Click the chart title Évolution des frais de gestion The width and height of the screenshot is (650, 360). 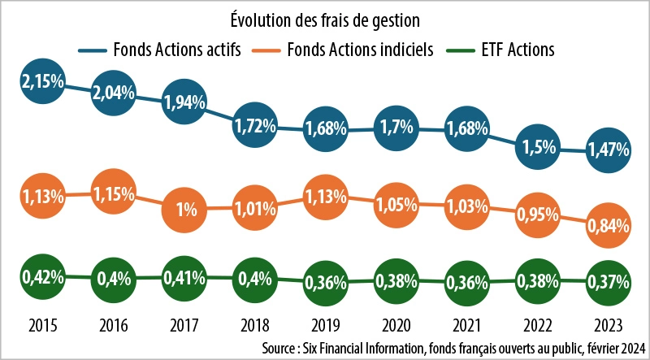pyautogui.click(x=324, y=16)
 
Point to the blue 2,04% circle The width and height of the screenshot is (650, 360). pyautogui.click(x=113, y=91)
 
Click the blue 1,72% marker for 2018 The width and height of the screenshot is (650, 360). pyautogui.click(x=255, y=125)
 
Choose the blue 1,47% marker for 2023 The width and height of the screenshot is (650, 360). pyautogui.click(x=608, y=151)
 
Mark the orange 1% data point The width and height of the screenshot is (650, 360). pyautogui.click(x=184, y=210)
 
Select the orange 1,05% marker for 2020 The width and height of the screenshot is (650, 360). pyautogui.click(x=396, y=204)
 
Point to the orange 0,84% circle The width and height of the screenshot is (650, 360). pyautogui.click(x=608, y=227)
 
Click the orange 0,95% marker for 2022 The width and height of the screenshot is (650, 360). pyautogui.click(x=537, y=216)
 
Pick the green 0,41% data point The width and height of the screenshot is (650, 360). pyautogui.click(x=184, y=279)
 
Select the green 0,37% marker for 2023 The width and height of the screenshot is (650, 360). pyautogui.click(x=608, y=282)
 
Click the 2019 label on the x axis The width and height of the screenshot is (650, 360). pyautogui.click(x=325, y=325)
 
